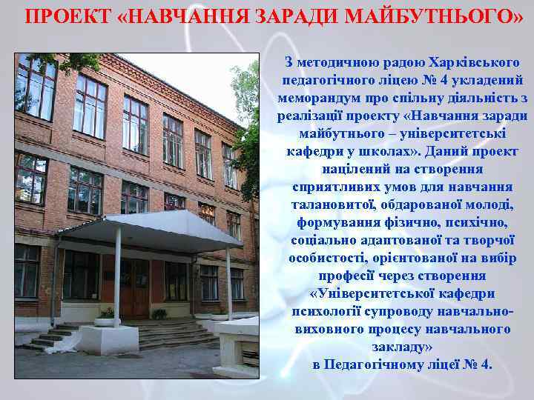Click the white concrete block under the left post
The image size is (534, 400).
(x=109, y=339)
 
